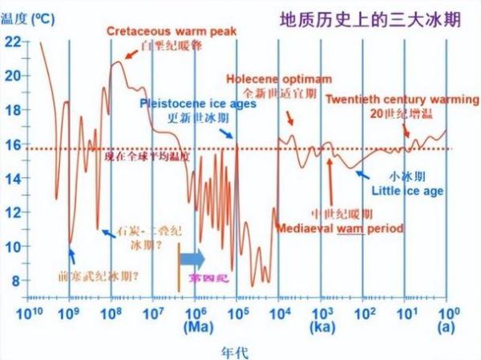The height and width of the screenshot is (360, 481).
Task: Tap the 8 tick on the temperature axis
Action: [x=16, y=281]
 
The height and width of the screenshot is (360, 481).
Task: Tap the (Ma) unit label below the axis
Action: [x=197, y=327]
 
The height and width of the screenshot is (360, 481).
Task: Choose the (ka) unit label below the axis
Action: [x=322, y=327]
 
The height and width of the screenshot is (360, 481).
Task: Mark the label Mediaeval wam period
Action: [x=339, y=228]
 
